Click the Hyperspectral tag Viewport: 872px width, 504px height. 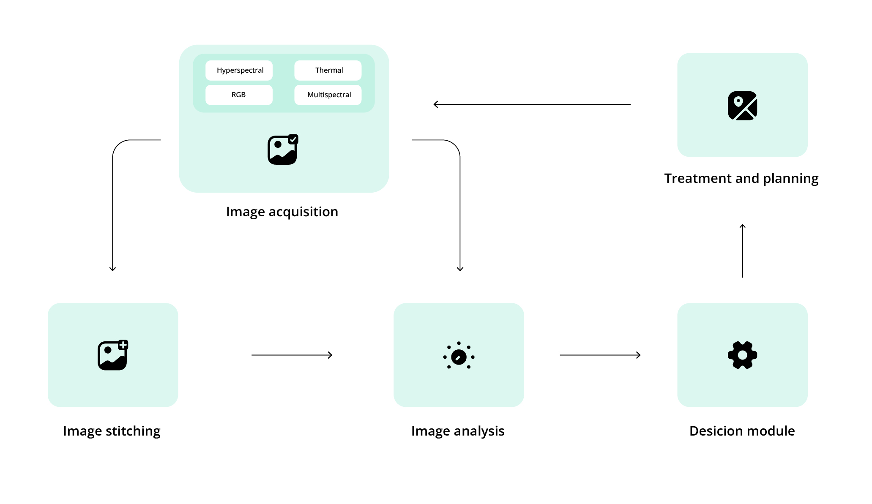coord(239,71)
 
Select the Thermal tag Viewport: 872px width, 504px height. coord(328,71)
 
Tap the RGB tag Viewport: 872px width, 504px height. coord(239,95)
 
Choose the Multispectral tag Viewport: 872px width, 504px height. coord(328,95)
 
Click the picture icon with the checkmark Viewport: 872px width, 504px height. coord(283,150)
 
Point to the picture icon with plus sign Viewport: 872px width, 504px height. coord(113,355)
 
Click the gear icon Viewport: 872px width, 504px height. coord(742,355)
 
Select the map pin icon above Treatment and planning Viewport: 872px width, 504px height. coord(742,106)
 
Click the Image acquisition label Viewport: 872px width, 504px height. coord(282,212)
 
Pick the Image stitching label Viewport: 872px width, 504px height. coord(112,431)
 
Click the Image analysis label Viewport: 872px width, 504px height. coord(458,431)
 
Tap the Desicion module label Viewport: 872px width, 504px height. coord(742,431)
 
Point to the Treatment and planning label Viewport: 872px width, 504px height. coord(741,178)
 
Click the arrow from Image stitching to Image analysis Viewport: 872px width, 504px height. coord(292,355)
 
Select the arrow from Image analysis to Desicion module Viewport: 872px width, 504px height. coord(600,355)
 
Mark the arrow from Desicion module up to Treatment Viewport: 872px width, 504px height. coord(743,251)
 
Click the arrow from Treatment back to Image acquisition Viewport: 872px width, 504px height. coord(532,104)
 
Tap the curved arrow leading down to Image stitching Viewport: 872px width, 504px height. coord(113,203)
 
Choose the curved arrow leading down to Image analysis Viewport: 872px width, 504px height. coord(460,203)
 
